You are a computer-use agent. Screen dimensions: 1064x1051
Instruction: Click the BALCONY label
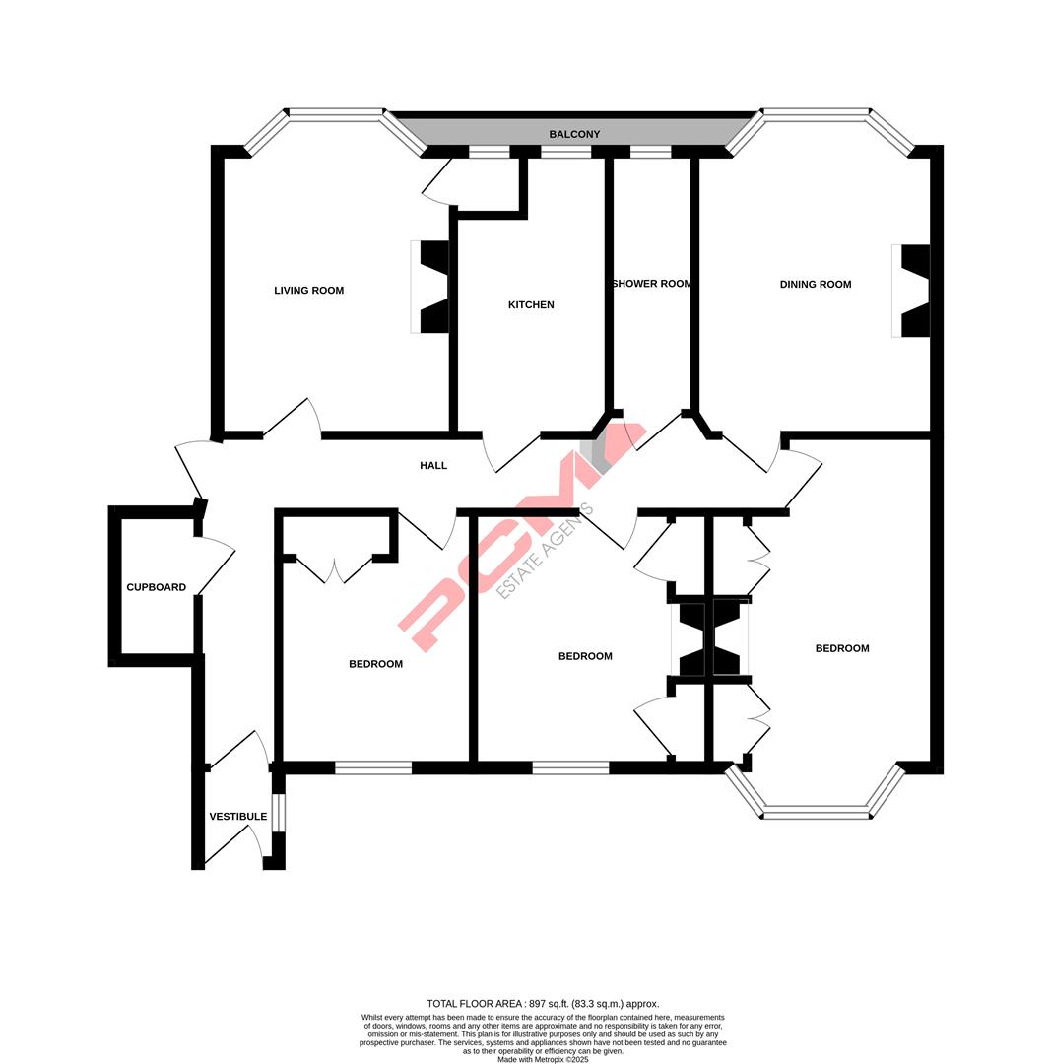tap(574, 134)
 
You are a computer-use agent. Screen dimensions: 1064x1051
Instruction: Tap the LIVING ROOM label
tap(308, 291)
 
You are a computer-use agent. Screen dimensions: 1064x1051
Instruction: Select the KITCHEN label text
tap(531, 305)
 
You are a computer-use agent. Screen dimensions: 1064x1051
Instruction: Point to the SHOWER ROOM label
tap(652, 284)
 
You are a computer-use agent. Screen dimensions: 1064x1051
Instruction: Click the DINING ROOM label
tap(815, 285)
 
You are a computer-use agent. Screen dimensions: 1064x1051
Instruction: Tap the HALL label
tap(433, 466)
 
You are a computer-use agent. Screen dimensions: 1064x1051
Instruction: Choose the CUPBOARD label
tap(156, 588)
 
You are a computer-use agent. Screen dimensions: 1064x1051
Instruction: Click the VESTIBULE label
tap(237, 817)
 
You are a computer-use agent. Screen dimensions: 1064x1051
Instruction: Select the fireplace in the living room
tap(431, 287)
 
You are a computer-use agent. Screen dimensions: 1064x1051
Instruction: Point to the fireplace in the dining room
tap(912, 291)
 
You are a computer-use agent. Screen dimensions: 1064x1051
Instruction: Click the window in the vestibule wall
tap(278, 813)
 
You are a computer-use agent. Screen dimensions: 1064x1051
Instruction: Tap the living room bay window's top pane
tap(335, 115)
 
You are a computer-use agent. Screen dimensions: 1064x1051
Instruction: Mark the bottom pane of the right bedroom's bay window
tap(816, 813)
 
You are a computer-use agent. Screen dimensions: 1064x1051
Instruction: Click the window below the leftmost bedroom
tap(373, 768)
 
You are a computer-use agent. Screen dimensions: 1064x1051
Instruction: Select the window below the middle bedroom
tap(570, 768)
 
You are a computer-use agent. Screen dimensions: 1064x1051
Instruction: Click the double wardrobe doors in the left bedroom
tap(334, 570)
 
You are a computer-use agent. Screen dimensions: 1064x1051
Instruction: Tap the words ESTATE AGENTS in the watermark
tap(545, 551)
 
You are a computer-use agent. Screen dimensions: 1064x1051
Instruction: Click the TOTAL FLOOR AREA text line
tap(543, 1004)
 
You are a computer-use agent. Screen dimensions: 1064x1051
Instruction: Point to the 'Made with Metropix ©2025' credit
tap(543, 1060)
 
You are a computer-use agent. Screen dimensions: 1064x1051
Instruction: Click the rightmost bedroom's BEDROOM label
tap(842, 648)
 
